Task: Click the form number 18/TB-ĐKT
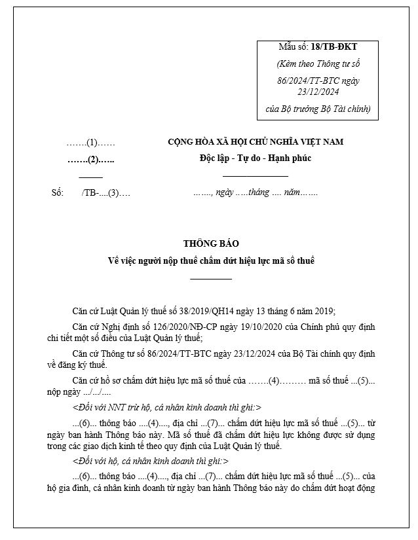335,47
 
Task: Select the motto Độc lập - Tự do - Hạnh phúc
256,158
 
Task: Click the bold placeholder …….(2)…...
91,159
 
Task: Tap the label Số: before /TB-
57,193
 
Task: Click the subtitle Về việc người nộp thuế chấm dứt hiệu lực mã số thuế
211,261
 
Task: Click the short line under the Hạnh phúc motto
256,176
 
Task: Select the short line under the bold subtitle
211,279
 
